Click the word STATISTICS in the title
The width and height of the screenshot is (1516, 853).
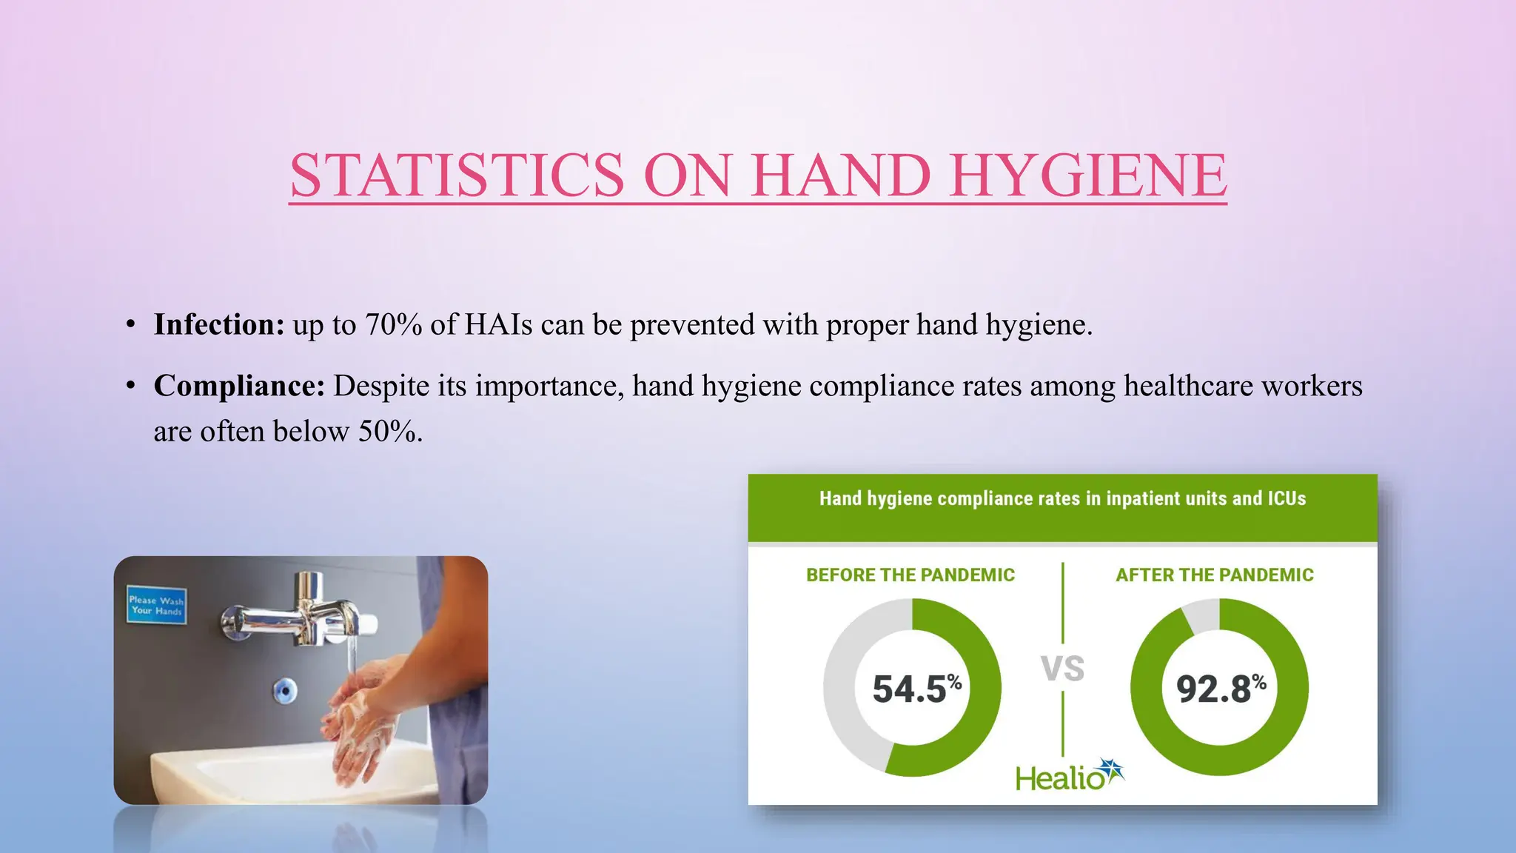(x=457, y=175)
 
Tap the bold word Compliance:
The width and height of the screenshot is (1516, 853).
(x=239, y=387)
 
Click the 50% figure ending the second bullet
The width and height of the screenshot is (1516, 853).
(x=389, y=432)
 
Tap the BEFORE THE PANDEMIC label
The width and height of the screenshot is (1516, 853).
(x=910, y=575)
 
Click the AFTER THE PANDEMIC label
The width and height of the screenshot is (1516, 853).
(x=1215, y=575)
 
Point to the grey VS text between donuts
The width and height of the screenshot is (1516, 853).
(x=1062, y=669)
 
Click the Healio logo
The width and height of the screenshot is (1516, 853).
(x=1069, y=776)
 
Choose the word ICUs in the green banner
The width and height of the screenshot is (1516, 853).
(x=1287, y=499)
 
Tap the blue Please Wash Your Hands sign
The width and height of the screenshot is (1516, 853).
(x=156, y=606)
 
